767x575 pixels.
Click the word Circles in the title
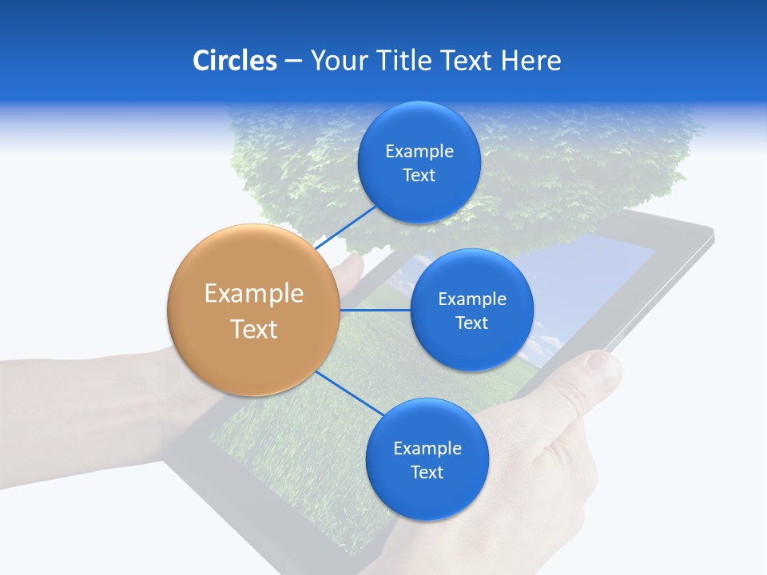pos(234,61)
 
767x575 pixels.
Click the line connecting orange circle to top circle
pos(346,226)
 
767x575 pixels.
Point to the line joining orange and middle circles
pos(375,310)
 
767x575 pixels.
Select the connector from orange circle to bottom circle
pos(348,392)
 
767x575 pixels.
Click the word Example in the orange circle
pos(253,294)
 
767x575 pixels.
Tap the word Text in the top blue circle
pos(419,176)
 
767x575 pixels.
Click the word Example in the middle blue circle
pos(471,299)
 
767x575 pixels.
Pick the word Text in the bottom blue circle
pos(427,473)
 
